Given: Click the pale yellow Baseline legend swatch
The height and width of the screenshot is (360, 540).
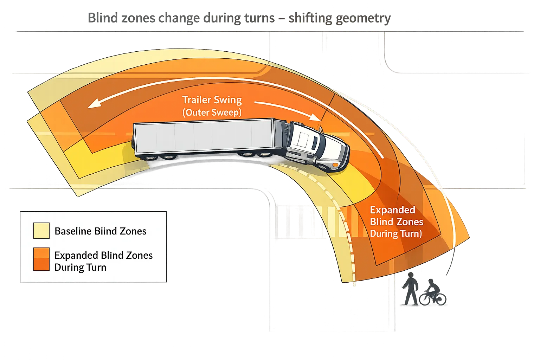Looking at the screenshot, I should pos(41,231).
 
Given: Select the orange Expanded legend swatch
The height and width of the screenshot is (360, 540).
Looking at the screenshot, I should pos(41,259).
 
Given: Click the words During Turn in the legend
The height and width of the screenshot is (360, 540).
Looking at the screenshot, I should pos(80,267).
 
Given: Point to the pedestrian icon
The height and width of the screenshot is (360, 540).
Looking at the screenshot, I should pos(410,289).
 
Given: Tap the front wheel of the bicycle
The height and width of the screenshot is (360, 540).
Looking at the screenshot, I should pos(440,299).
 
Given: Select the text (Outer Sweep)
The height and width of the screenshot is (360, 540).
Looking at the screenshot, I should pos(212,112).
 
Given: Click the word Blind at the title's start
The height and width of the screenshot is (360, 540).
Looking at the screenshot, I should pos(102,18).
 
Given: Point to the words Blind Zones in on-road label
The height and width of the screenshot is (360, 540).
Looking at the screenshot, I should pos(397,222).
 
